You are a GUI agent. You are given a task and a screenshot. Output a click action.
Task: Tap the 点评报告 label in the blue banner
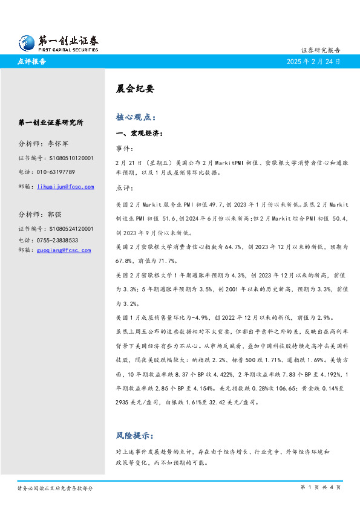[33, 62]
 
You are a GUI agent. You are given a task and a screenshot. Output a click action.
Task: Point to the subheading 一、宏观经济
[139, 133]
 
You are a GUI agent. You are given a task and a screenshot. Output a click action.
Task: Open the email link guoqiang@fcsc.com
[70, 250]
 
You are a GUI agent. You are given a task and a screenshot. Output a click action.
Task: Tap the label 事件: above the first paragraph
[124, 148]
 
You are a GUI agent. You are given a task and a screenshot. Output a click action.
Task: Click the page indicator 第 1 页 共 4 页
[320, 487]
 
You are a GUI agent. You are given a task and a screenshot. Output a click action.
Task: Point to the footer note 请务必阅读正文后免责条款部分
[55, 488]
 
